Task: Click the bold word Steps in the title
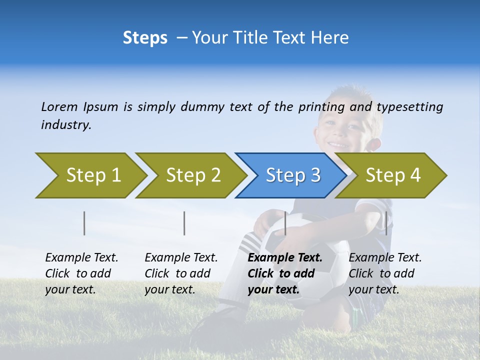pos(145,38)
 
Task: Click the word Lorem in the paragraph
pos(59,107)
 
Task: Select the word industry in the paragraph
pos(65,125)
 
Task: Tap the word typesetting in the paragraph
pos(409,107)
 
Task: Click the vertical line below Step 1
pos(84,223)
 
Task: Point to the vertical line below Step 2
pos(184,223)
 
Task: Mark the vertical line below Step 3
pos(285,223)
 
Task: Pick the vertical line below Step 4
pos(386,223)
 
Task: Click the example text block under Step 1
pos(81,273)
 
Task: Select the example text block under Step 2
pos(181,273)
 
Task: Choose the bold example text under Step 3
pos(284,273)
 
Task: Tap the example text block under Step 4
pos(385,273)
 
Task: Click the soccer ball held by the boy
pos(330,250)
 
